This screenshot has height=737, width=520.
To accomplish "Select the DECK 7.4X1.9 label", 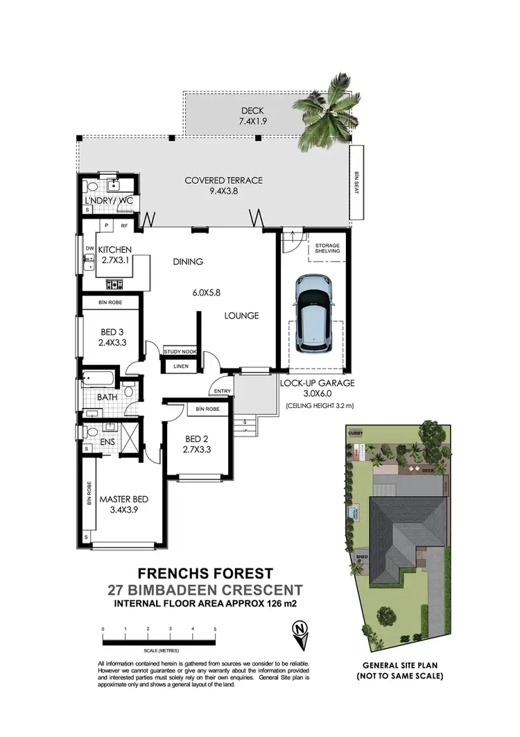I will coord(252,116).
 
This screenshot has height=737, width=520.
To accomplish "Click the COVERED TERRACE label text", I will coord(223,186).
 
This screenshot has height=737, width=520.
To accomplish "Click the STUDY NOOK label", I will coord(180,353).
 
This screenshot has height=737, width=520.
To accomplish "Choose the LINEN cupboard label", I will coord(180,366).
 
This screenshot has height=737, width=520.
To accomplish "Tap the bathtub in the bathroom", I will coord(96,380).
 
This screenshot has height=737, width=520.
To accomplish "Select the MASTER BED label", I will coord(123,505).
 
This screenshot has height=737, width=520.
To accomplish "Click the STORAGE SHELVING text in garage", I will coord(327,248).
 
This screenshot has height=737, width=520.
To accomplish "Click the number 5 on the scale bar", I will coord(215,629).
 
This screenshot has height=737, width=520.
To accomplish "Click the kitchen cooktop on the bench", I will coord(115,284).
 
